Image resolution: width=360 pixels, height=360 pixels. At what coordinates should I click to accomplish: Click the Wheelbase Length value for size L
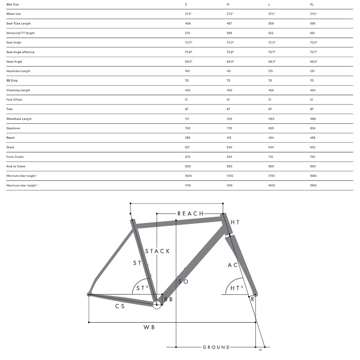(271, 119)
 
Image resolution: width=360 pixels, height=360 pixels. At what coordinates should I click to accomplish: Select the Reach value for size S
(188, 138)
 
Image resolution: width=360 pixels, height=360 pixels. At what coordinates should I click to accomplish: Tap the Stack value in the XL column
(312, 147)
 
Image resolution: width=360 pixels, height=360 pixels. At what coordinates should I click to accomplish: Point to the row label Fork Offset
(14, 99)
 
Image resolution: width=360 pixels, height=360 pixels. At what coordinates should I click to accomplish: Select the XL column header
(312, 4)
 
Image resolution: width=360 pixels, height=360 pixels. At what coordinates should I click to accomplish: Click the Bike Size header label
(13, 4)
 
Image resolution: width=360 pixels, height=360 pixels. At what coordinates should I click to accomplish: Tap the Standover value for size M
(229, 128)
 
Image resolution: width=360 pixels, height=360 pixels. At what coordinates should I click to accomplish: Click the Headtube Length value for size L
(271, 71)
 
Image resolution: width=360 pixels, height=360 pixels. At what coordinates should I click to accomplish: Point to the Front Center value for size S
(188, 157)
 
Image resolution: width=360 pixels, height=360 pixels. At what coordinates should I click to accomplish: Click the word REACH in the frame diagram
(190, 213)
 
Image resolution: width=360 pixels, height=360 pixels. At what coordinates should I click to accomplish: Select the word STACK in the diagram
(157, 251)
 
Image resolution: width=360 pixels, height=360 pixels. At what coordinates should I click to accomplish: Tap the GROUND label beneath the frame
(216, 347)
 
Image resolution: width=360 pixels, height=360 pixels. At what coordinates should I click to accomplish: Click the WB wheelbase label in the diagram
(149, 327)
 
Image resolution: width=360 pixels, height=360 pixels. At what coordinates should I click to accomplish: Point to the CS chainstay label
(120, 306)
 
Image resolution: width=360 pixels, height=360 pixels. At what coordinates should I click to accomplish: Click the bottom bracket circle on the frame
(157, 305)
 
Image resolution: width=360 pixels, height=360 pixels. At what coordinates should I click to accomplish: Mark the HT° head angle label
(237, 288)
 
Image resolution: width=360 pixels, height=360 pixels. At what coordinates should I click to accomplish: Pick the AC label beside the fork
(233, 265)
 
